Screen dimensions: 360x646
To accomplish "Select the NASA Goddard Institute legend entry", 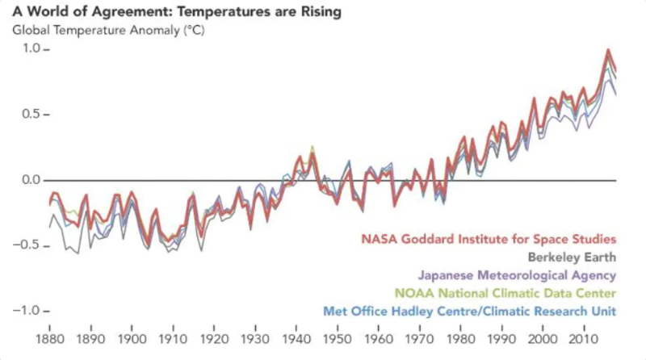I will point(489,239).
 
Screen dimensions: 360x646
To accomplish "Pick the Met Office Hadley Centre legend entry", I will point(469,311).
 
